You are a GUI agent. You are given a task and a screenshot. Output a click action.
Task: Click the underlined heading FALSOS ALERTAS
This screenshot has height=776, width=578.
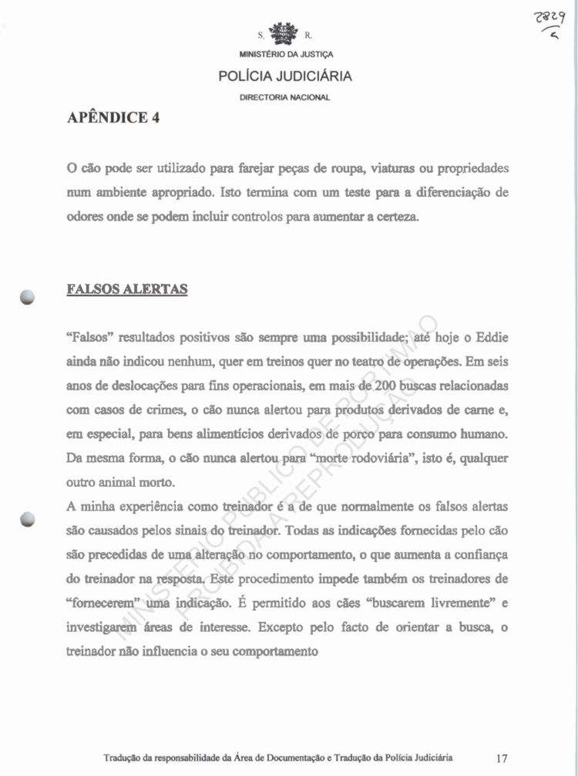pos(126,289)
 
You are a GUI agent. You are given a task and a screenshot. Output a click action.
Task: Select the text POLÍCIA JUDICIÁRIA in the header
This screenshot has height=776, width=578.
pos(285,76)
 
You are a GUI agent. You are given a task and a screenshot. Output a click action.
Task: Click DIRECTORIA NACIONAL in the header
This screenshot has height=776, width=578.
pos(285,97)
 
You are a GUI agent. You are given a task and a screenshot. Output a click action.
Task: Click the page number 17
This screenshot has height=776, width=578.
pos(502,757)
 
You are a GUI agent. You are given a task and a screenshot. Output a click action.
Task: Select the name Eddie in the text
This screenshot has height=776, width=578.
pos(492,339)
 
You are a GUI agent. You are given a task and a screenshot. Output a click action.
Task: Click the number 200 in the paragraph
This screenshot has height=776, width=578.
pos(380,385)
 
